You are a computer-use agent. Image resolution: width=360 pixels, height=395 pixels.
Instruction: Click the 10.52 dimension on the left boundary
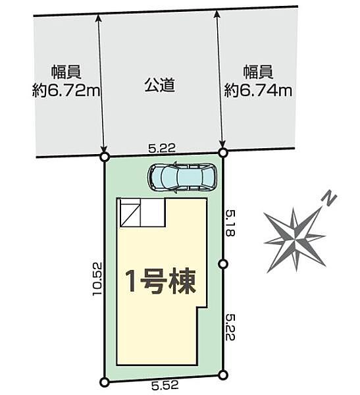[x=97, y=279]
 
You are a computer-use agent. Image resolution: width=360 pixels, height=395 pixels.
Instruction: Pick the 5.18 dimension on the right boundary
[x=230, y=223]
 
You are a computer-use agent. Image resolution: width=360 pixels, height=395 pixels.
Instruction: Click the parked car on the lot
[x=181, y=176]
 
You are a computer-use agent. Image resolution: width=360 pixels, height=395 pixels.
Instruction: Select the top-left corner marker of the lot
[x=104, y=157]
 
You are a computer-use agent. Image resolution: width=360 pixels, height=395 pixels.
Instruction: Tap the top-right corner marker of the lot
[x=222, y=153]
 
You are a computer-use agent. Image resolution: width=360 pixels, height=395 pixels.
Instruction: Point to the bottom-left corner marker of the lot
[x=104, y=382]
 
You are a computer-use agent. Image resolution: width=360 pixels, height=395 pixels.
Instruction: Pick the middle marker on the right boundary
[x=222, y=264]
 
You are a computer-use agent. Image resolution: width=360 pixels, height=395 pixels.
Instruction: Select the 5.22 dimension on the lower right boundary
[x=230, y=327]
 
